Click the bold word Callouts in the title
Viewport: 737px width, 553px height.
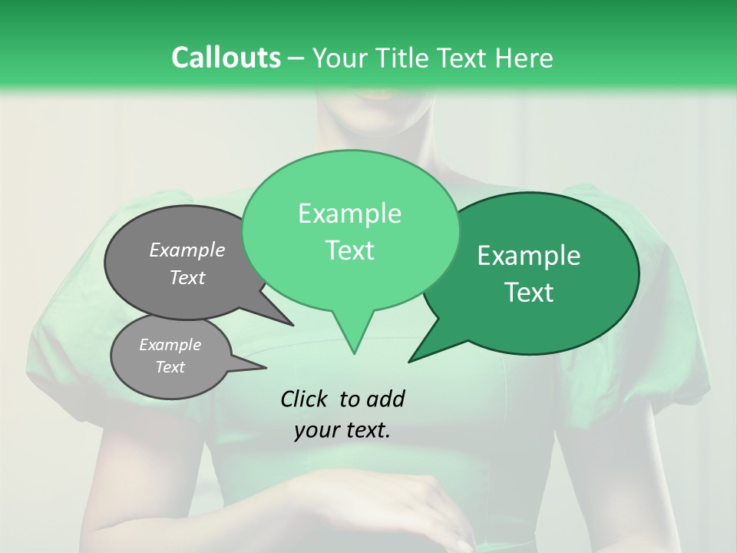(226, 58)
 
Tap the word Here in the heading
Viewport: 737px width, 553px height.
(525, 58)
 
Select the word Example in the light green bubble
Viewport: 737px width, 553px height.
(349, 214)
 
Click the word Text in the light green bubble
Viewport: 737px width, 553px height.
(349, 250)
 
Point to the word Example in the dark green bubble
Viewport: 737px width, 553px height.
(529, 256)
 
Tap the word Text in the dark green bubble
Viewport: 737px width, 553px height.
(529, 293)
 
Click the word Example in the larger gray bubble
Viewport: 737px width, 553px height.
(187, 250)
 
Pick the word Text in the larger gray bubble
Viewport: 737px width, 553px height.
(187, 277)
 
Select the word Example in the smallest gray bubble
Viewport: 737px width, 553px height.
(170, 345)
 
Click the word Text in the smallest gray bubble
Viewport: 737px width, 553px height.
(170, 367)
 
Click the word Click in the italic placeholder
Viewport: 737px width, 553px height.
(305, 399)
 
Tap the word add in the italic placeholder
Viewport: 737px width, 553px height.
(385, 399)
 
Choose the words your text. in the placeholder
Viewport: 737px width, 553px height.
(342, 430)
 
